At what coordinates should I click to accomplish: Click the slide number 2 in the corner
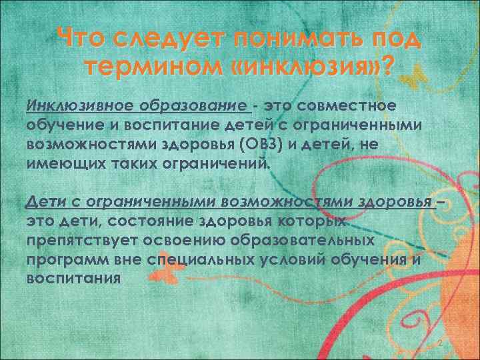tap(440, 343)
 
